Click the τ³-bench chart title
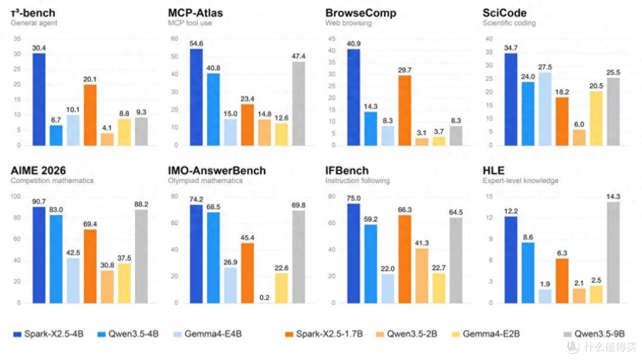coord(33,12)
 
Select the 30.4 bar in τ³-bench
coord(39,99)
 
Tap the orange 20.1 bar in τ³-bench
coord(90,115)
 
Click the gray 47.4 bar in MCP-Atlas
coord(298,103)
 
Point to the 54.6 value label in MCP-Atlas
coord(196,43)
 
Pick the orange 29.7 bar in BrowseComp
coord(405,110)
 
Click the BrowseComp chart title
coord(361,12)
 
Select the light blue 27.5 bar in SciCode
coord(545,109)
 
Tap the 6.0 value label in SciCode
coord(579,124)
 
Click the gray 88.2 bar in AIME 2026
coord(141,257)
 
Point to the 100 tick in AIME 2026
coord(15,197)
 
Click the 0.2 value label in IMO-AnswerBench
coord(265,298)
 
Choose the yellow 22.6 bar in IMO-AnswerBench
coord(281,288)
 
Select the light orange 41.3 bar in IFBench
coord(421,276)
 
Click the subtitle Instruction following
coord(357,181)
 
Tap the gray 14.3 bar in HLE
coord(613,252)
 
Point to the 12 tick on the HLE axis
coord(489,217)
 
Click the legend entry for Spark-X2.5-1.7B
coord(324,334)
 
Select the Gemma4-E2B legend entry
coord(486,334)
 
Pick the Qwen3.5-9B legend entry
coord(594,334)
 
